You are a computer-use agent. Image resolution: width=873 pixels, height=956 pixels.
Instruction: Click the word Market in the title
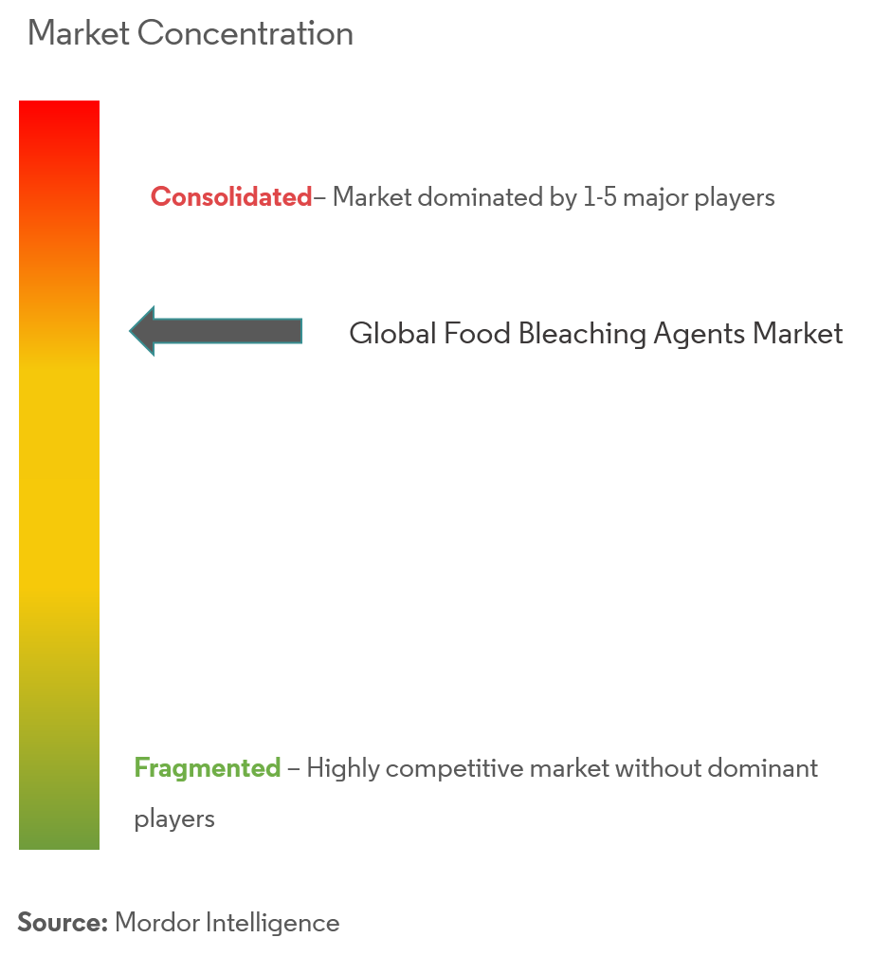point(79,33)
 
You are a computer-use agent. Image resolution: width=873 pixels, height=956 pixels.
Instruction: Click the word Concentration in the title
point(246,33)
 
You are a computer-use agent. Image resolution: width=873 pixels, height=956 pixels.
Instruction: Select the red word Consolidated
point(231,197)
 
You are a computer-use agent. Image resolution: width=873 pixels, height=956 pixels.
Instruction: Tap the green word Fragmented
point(208,767)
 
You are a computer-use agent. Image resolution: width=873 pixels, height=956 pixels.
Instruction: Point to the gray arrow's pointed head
point(130,331)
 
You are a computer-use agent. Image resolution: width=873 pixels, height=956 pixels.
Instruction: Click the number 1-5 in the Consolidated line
point(600,197)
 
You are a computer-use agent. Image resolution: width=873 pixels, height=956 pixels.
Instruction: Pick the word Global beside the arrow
point(393,334)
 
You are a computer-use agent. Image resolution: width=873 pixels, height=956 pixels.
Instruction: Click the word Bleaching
point(582,334)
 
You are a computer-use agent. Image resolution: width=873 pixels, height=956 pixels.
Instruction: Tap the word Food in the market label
point(477,334)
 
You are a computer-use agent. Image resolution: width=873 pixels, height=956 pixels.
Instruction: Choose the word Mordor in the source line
point(156,923)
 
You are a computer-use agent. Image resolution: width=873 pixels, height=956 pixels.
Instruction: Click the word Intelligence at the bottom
point(272,924)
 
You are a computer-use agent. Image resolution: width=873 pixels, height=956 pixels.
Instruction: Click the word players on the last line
point(174,819)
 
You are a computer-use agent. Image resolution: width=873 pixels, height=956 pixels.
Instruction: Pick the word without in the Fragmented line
point(658,767)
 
